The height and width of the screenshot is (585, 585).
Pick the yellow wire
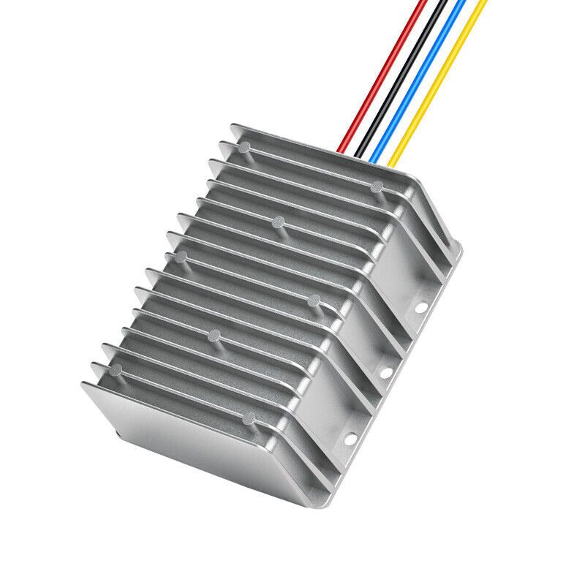pyautogui.click(x=439, y=73)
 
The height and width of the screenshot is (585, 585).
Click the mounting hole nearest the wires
pyautogui.click(x=421, y=308)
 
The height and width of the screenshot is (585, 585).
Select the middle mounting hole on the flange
pyautogui.click(x=385, y=372)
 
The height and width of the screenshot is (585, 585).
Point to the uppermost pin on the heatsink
pyautogui.click(x=244, y=147)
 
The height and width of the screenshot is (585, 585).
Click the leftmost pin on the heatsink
pyautogui.click(x=116, y=369)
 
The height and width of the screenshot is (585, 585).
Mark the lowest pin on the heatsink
pyautogui.click(x=249, y=418)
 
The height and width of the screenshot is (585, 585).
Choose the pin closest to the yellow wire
pyautogui.click(x=377, y=186)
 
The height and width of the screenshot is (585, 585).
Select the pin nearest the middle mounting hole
pyautogui.click(x=314, y=300)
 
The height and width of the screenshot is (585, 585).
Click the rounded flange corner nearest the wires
pyautogui.click(x=458, y=249)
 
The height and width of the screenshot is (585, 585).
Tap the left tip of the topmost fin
pyautogui.click(x=233, y=127)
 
